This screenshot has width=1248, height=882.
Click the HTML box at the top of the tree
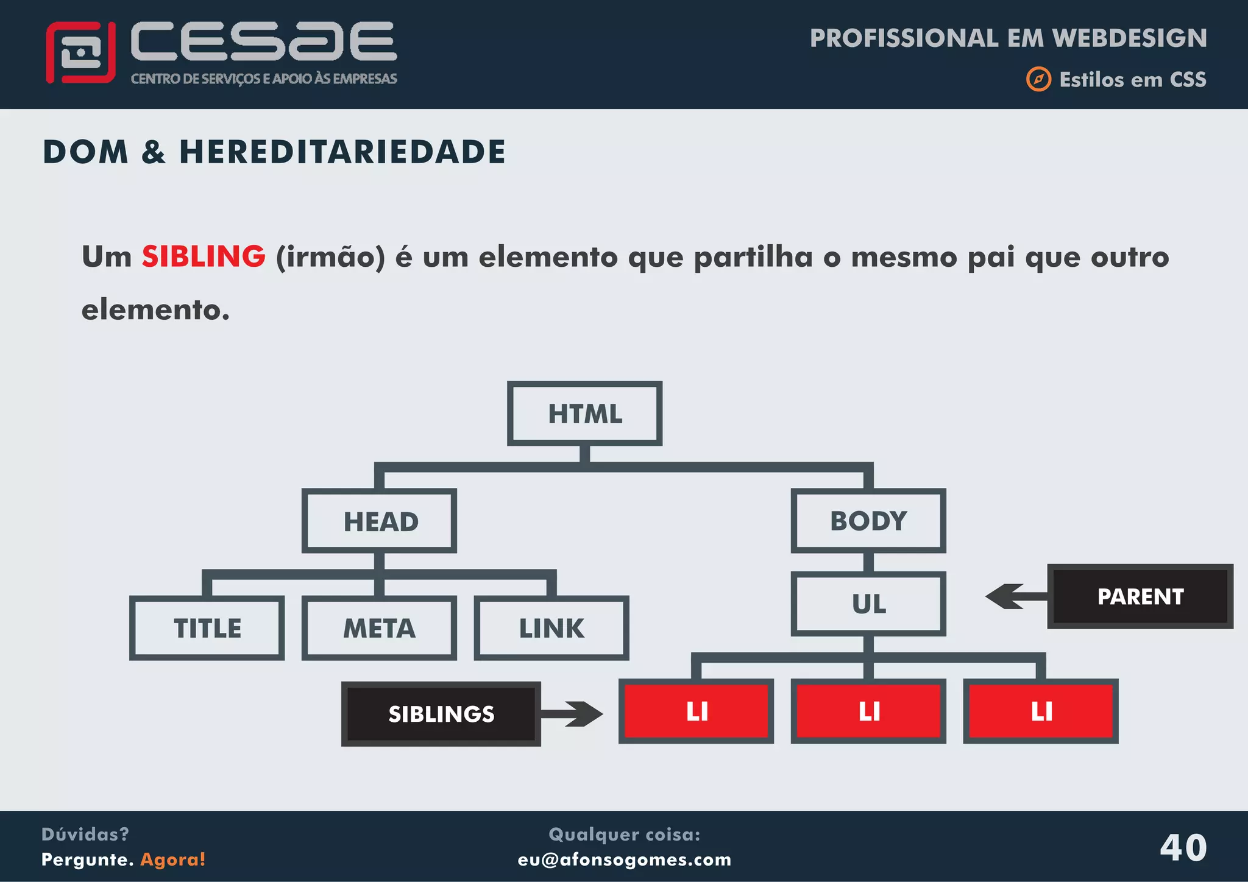(584, 414)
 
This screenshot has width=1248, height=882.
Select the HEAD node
(379, 521)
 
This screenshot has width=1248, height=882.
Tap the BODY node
(868, 521)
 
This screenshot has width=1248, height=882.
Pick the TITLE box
(207, 628)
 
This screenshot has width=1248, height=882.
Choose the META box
(379, 628)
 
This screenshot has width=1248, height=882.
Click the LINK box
(551, 628)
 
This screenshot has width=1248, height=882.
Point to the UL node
(868, 604)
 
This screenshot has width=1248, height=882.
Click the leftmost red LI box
(696, 711)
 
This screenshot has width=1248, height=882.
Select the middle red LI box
(868, 711)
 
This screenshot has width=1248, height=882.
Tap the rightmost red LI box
(1041, 711)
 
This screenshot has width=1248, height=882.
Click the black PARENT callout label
(1140, 596)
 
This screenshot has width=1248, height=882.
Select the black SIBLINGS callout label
(441, 714)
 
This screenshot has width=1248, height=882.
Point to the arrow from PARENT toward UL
(1015, 596)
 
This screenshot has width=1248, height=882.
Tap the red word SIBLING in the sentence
(204, 256)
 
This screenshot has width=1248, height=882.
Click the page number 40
(1183, 847)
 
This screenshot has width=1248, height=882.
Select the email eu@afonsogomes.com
(625, 859)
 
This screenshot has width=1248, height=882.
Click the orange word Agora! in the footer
(173, 859)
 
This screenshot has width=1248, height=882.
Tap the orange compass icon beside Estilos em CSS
(1038, 79)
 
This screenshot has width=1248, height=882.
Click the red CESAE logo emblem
(80, 52)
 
